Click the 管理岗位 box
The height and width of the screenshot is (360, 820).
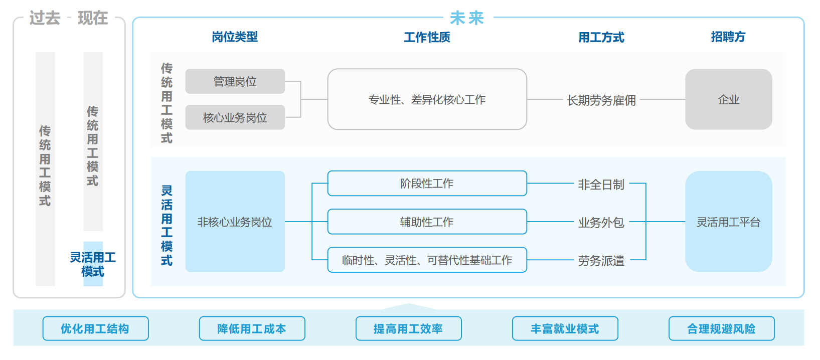(x=235, y=81)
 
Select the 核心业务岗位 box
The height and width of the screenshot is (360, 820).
(x=235, y=117)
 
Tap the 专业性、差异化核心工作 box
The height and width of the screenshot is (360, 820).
(x=427, y=99)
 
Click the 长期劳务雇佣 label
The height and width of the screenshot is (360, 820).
(x=601, y=100)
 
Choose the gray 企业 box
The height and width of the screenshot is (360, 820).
(x=728, y=99)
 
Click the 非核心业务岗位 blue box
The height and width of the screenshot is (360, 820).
(x=235, y=222)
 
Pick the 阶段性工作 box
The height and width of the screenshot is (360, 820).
(x=427, y=184)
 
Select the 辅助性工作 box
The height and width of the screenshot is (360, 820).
(x=427, y=222)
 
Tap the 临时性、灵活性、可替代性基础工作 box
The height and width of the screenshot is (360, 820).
(x=427, y=260)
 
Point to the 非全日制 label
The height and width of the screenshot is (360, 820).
(x=601, y=185)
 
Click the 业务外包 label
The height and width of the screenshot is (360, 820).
(x=601, y=222)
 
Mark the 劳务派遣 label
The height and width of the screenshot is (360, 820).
(x=601, y=260)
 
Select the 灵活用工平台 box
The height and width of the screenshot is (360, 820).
(x=728, y=222)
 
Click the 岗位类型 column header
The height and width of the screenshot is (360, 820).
(x=234, y=37)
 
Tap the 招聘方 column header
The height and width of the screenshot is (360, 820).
(x=728, y=37)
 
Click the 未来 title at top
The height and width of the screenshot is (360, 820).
(x=466, y=18)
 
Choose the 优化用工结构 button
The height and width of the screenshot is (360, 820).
(x=95, y=328)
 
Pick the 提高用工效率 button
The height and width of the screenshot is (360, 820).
(x=408, y=328)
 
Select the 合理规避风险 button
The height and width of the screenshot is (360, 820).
(x=721, y=328)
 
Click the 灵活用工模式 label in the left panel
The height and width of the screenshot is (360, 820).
(x=93, y=264)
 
